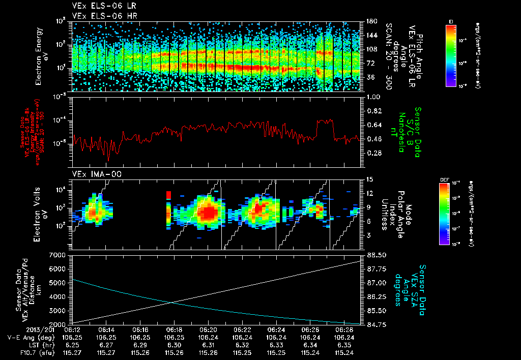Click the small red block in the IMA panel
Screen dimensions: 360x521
tap(168, 195)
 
